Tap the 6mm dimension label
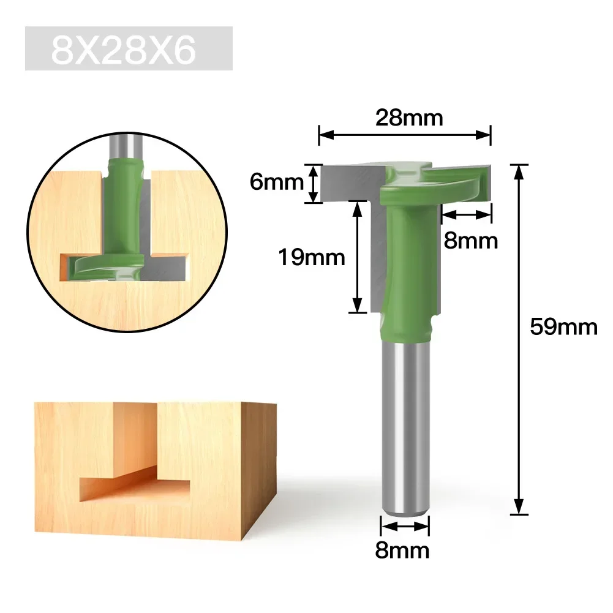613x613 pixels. pyautogui.click(x=277, y=182)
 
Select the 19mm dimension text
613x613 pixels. pyautogui.click(x=312, y=257)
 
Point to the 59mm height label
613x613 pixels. pyautogui.click(x=563, y=328)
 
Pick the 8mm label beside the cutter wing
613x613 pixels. pyautogui.click(x=471, y=241)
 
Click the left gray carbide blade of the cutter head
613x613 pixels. pyautogui.click(x=349, y=184)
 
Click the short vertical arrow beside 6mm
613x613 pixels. pyautogui.click(x=313, y=183)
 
